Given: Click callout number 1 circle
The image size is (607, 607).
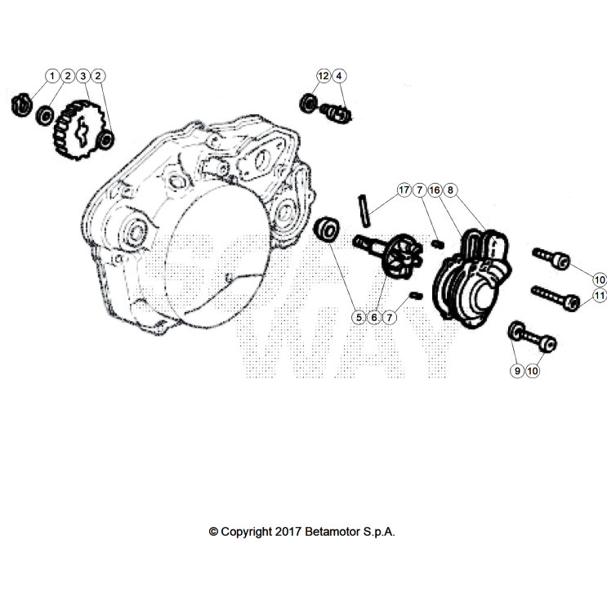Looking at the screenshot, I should [53, 76].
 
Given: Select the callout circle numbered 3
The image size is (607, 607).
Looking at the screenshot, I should [83, 76].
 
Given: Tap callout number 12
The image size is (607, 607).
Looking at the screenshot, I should [324, 76].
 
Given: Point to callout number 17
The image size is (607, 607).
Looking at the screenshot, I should [403, 190].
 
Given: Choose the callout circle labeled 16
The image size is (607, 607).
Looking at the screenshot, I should [435, 190].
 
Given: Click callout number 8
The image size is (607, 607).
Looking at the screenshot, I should [450, 190].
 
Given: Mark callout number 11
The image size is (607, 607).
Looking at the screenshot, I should [599, 295].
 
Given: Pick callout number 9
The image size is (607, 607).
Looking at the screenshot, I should [516, 370].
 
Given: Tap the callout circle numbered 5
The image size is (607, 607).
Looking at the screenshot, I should [358, 316].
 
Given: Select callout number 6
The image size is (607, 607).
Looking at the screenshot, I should [374, 316].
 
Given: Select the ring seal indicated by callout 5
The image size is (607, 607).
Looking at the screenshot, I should [328, 228].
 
